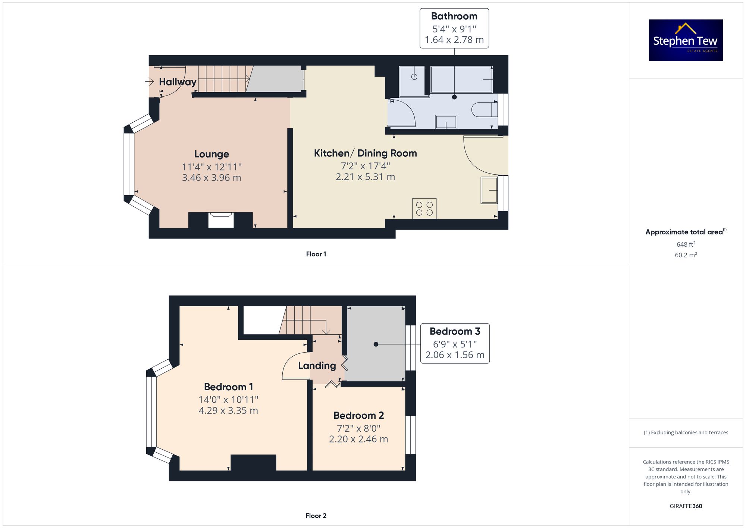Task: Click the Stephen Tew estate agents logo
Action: (x=686, y=40)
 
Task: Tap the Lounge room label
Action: (x=211, y=154)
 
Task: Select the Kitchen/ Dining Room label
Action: (x=366, y=153)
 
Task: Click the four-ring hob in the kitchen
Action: (x=424, y=208)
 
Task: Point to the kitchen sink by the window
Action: (x=489, y=190)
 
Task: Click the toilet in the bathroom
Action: (x=485, y=110)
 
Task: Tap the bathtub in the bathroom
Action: (x=462, y=79)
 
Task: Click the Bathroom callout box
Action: (x=454, y=28)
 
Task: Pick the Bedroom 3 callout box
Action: (x=455, y=343)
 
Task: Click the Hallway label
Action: (x=178, y=82)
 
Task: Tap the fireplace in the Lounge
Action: (x=221, y=220)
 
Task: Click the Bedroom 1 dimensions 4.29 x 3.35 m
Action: (x=228, y=410)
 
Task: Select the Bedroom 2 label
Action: (x=359, y=415)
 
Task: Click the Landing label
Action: (x=317, y=366)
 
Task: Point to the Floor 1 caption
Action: (x=316, y=254)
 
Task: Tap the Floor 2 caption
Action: (x=316, y=516)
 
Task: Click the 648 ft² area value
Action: (x=686, y=244)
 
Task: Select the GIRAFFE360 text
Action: (x=686, y=506)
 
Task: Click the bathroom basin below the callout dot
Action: (x=446, y=122)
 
